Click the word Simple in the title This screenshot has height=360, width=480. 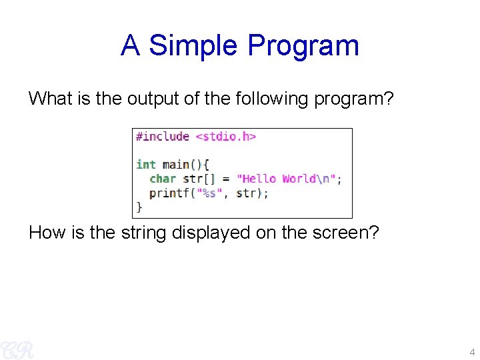(x=194, y=46)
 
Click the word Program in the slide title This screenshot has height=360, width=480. (x=303, y=46)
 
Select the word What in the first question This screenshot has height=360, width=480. (x=51, y=99)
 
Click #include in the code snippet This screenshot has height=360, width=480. (x=163, y=137)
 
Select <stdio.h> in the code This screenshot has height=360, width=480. (x=225, y=137)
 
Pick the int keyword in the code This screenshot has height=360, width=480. (x=145, y=165)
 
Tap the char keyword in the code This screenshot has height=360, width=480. (x=163, y=179)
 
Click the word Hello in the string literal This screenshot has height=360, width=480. (x=260, y=179)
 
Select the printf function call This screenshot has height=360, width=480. (x=169, y=193)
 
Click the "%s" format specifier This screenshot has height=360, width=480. (x=213, y=193)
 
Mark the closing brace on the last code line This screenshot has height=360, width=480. (x=139, y=207)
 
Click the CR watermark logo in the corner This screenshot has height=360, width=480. (x=16, y=348)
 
